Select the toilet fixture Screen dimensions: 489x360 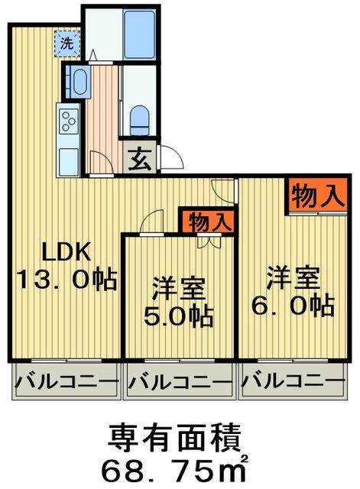click(x=140, y=118)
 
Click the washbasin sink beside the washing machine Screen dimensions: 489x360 click(x=77, y=80)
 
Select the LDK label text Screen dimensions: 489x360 click(x=66, y=251)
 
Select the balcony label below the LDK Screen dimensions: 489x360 click(x=66, y=380)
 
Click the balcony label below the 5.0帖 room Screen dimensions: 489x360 click(x=179, y=380)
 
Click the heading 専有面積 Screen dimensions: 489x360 click(x=177, y=438)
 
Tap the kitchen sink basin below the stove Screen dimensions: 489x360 click(x=69, y=158)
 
